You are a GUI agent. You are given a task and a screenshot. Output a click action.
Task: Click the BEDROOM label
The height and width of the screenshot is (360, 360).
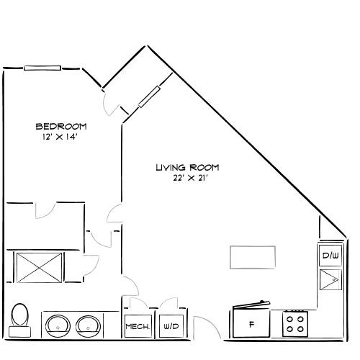click(61, 127)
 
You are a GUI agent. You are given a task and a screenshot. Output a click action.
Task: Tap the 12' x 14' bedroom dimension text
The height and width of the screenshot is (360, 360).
click(60, 137)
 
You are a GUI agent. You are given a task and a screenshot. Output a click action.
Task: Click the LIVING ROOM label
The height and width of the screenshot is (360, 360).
click(187, 168)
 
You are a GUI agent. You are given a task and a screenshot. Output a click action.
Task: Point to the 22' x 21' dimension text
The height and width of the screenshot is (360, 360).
click(190, 178)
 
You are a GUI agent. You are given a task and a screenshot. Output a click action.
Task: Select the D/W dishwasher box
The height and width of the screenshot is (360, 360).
click(330, 256)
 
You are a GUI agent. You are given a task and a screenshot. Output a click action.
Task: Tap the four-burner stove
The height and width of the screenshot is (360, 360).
click(295, 324)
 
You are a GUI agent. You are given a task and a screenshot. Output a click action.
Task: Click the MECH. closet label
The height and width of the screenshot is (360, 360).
click(138, 326)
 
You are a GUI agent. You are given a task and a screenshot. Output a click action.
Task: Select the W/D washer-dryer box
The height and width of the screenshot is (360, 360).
click(171, 326)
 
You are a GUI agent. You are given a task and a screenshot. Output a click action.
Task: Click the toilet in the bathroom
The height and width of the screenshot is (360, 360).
click(19, 320)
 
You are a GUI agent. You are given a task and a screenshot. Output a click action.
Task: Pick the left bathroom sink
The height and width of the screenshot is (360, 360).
click(58, 326)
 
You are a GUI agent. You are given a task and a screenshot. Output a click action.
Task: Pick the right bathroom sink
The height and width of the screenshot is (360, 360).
click(88, 326)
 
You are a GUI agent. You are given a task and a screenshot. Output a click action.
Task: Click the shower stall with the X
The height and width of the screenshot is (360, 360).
click(39, 267)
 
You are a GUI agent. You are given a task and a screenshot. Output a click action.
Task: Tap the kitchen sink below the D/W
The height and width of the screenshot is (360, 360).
click(330, 279)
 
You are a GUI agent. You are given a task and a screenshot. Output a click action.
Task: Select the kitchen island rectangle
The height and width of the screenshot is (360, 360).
click(253, 257)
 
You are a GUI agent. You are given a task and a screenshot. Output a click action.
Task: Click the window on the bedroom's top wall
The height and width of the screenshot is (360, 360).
click(42, 68)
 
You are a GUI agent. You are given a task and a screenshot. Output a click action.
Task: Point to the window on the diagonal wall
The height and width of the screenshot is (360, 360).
click(149, 96)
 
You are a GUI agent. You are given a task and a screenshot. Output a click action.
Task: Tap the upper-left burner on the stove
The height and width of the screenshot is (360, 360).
click(289, 319)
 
